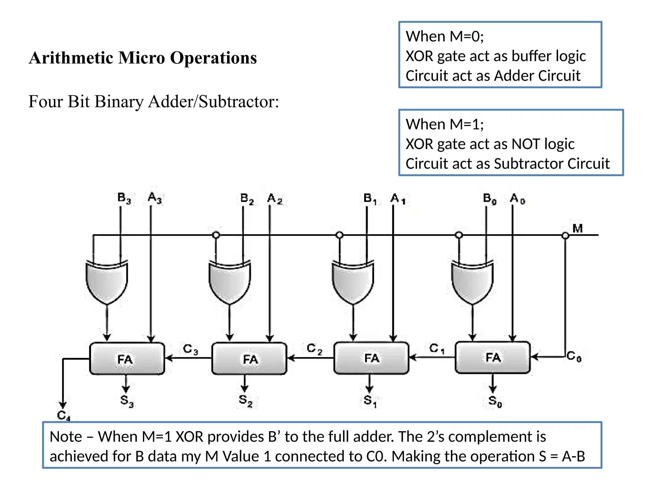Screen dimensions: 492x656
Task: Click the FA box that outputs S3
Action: pos(127,359)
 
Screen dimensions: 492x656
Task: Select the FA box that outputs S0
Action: pos(493,357)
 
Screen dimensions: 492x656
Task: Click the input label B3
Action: pos(124,198)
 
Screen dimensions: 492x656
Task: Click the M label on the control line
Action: pos(578,229)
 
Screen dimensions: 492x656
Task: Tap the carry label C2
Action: pos(314,348)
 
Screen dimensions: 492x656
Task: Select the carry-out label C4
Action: pos(63,415)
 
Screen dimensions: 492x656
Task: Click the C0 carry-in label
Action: pos(574,356)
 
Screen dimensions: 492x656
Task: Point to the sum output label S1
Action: pos(370,401)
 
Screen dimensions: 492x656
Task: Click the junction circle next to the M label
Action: pos(565,236)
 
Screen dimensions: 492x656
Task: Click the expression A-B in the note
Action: pos(573,456)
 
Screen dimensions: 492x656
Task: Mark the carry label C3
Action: pos(190,349)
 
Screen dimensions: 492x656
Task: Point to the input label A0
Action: pos(517,199)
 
